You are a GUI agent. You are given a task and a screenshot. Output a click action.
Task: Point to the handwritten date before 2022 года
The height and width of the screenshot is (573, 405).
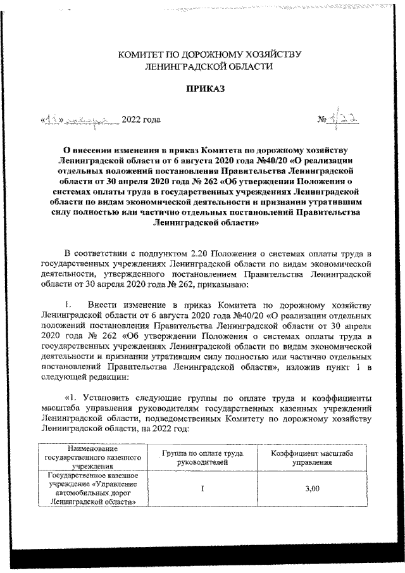tap(78, 119)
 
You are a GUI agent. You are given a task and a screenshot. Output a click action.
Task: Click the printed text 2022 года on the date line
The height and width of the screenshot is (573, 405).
tap(140, 120)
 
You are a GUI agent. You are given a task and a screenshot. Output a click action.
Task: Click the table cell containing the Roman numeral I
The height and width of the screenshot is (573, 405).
tap(201, 488)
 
